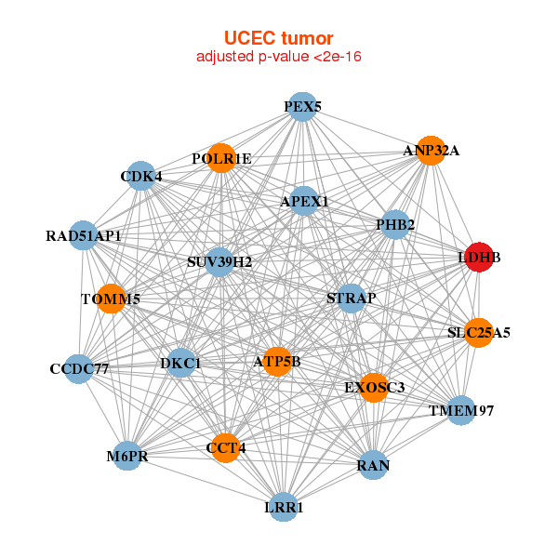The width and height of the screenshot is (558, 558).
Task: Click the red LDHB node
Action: click(x=478, y=259)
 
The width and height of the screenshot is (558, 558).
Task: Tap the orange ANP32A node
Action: click(x=430, y=151)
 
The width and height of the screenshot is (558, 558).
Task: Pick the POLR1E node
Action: click(x=221, y=158)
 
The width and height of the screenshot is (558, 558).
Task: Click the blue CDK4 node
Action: click(x=141, y=176)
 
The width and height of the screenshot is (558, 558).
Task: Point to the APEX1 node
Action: click(x=304, y=201)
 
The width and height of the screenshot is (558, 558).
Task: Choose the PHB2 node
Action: click(x=395, y=224)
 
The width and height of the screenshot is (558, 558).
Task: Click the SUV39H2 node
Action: click(x=219, y=261)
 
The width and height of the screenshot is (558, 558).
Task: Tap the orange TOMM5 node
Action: click(x=111, y=299)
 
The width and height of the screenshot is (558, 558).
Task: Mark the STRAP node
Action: click(x=351, y=299)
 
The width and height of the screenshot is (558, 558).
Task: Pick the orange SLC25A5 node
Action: click(x=478, y=332)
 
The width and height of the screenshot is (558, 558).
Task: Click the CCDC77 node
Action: click(x=79, y=369)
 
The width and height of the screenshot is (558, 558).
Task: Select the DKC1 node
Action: click(x=180, y=362)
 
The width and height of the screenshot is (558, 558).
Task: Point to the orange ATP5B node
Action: click(x=277, y=361)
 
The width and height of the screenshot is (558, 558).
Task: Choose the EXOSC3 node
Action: click(x=374, y=387)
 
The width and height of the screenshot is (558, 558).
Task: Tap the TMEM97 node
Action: click(x=461, y=410)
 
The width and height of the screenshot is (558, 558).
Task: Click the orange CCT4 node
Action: click(x=225, y=448)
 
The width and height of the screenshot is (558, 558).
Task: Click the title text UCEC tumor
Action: click(x=278, y=38)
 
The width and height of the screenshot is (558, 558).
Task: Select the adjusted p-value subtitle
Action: click(x=278, y=57)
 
